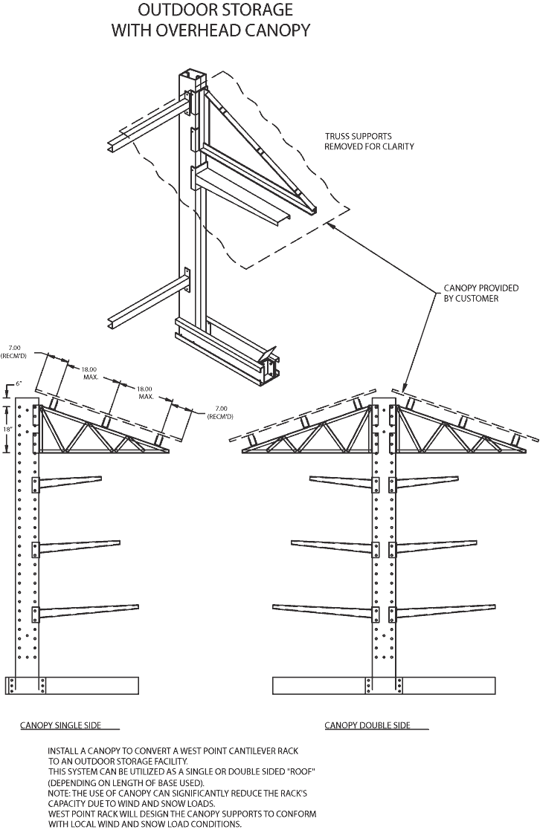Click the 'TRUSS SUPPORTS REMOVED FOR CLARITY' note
(x=369, y=141)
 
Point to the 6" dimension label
(x=19, y=384)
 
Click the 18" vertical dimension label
(x=7, y=429)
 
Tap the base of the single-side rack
(x=72, y=684)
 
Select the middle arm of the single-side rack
(x=79, y=547)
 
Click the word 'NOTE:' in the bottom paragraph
(x=62, y=794)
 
